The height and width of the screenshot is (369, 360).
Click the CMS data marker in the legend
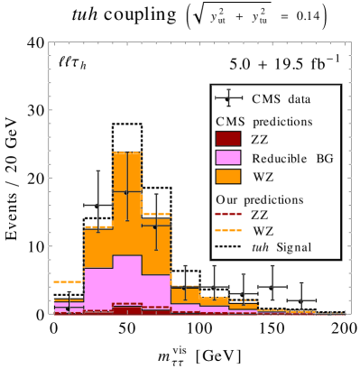[228, 98]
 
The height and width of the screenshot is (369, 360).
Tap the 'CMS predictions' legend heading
[263, 120]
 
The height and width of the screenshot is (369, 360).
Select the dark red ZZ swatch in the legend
[228, 138]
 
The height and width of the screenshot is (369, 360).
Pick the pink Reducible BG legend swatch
[228, 158]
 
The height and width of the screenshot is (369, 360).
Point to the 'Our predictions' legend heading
[260, 198]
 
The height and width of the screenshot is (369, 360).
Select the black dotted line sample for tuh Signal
[228, 247]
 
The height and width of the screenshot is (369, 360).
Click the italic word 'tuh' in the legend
[261, 247]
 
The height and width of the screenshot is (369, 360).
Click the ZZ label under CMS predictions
[259, 138]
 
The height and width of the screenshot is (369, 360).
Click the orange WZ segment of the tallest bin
[126, 217]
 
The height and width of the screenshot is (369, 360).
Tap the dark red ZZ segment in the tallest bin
[126, 310]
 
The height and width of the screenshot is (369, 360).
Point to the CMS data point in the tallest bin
[126, 192]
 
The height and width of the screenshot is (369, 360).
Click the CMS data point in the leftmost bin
[69, 308]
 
